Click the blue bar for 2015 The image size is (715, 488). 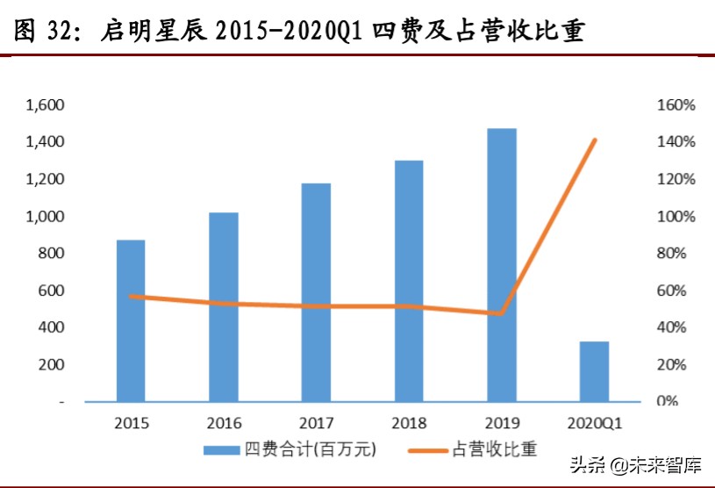tap(131, 320)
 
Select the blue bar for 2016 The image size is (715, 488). tap(224, 307)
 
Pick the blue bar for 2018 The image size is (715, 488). tap(409, 281)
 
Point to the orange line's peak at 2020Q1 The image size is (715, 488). tap(595, 140)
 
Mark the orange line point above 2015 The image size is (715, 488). tap(131, 297)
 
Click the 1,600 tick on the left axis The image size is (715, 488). tap(46, 105)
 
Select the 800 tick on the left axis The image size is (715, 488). tap(51, 254)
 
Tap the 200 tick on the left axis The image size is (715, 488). tap(51, 364)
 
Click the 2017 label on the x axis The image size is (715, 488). tap(316, 422)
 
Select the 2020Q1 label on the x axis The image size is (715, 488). tap(594, 422)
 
